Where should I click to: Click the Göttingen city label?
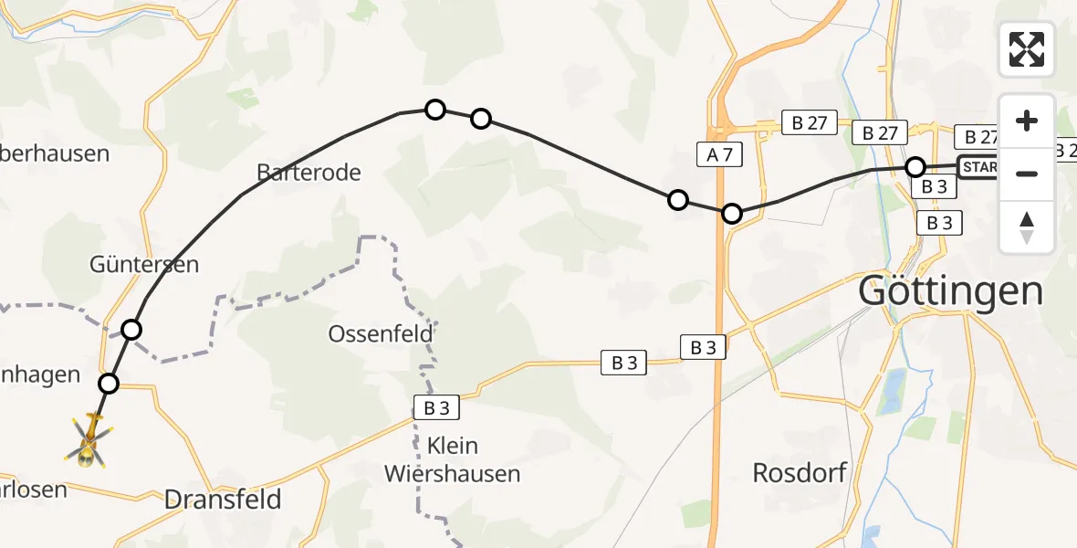coord(950,291)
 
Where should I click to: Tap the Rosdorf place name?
coord(800,472)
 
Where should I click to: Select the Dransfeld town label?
coord(223,500)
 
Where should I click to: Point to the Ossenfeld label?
coord(381,334)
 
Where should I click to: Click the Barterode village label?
coord(308,172)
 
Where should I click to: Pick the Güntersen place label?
coord(144,265)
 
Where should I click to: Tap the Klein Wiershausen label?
coord(453,460)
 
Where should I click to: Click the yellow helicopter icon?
coord(89,439)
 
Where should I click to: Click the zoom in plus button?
coord(1027,121)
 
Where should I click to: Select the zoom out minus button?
coord(1027,174)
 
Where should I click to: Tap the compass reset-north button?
coord(1027,227)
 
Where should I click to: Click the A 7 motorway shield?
coord(720,155)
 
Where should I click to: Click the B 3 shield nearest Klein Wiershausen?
coord(434,407)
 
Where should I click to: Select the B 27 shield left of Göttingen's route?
coord(809,124)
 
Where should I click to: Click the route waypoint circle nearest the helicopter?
coord(109,384)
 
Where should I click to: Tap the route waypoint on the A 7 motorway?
coord(732,215)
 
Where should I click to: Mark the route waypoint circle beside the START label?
coord(915,167)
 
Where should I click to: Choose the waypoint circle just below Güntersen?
coord(132,330)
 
